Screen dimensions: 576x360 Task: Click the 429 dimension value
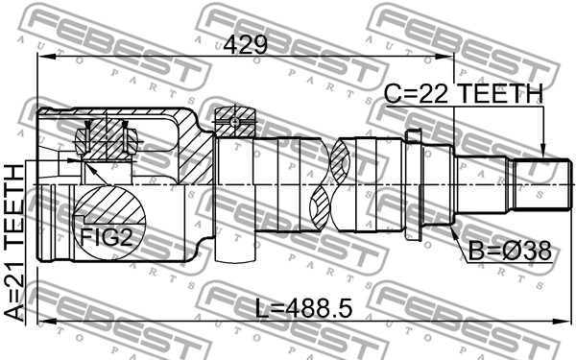tap(246, 45)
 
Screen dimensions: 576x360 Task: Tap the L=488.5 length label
tap(303, 308)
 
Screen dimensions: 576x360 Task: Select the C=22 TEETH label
tap(464, 93)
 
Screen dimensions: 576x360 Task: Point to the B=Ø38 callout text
tap(510, 251)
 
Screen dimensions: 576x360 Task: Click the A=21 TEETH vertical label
tap(14, 243)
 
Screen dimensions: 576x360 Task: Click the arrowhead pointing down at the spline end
tap(543, 153)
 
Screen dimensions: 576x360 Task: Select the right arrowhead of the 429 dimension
tap(444, 57)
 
